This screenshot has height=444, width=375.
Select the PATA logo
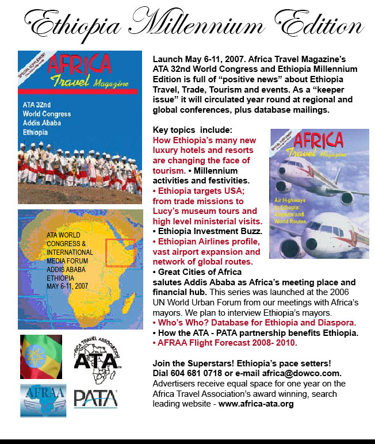pos(95,399)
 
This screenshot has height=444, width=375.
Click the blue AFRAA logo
pos(43,400)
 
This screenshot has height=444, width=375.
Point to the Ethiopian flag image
pos(41,357)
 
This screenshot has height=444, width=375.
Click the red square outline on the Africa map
pos(120,252)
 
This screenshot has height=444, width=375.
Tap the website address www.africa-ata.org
pos(256,404)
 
